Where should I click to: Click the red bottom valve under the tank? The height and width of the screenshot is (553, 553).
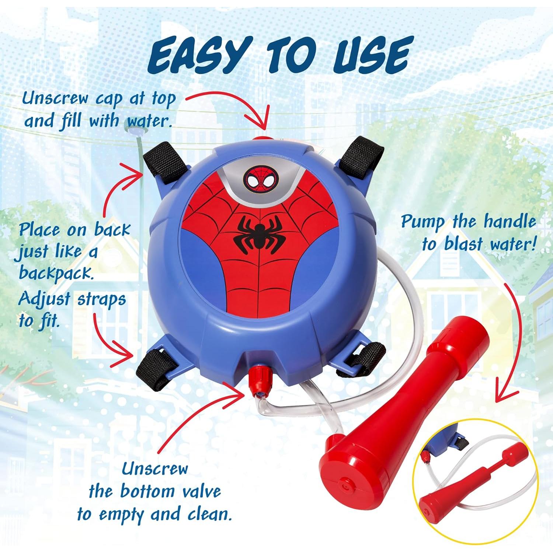point(257,376)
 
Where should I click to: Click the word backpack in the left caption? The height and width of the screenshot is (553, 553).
point(55,274)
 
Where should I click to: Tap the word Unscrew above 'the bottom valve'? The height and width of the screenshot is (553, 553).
point(155,469)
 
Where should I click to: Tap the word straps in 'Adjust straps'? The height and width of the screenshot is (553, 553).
point(101,299)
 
